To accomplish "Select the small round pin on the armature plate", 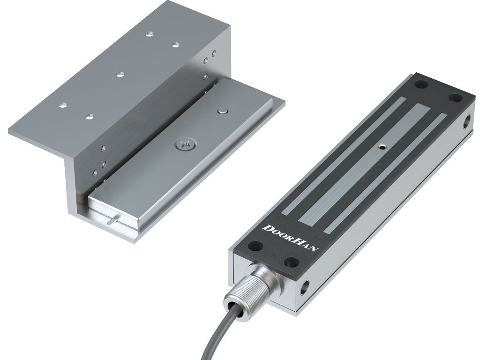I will point(222,111).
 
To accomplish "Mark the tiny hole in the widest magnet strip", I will point(383,147).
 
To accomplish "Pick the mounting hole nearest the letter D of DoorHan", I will point(256,246).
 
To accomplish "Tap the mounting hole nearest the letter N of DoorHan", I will point(292,262).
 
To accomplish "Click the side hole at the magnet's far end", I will point(467,121).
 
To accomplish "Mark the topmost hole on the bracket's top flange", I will point(149,34).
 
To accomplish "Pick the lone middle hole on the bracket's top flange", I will point(120,74).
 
